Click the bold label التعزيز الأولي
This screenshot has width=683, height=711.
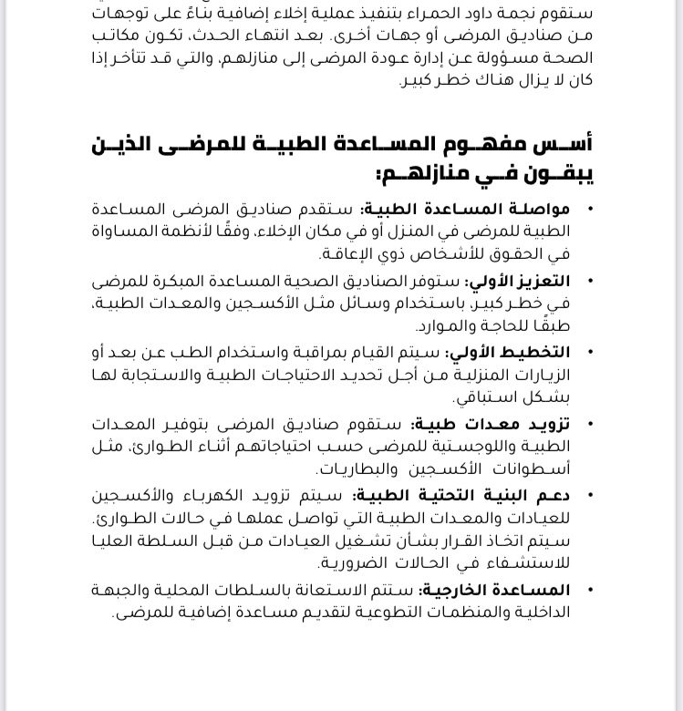click(520, 282)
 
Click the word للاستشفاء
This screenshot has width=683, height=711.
click(530, 563)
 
